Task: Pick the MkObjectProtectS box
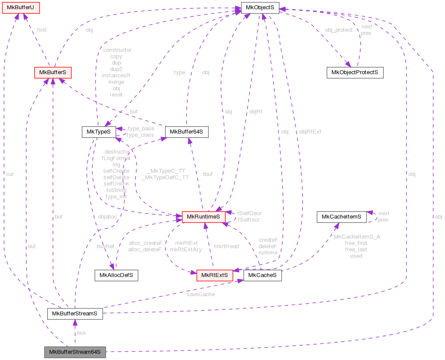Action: pyautogui.click(x=355, y=72)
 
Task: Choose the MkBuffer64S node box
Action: pyautogui.click(x=186, y=131)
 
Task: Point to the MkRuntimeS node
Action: pyautogui.click(x=203, y=217)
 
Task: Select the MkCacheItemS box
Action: pyautogui.click(x=341, y=216)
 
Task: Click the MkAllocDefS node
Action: pyautogui.click(x=116, y=275)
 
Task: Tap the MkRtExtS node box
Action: pyautogui.click(x=214, y=275)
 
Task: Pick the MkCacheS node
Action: pyautogui.click(x=262, y=275)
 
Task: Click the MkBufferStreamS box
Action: pyautogui.click(x=75, y=313)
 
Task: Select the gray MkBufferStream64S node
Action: pyautogui.click(x=75, y=352)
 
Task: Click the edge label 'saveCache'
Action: pyautogui.click(x=201, y=295)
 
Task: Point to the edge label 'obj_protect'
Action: pyautogui.click(x=338, y=30)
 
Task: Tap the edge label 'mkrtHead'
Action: pyautogui.click(x=226, y=246)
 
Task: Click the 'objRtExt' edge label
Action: pyautogui.click(x=310, y=131)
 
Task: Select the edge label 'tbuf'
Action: pyautogui.click(x=208, y=174)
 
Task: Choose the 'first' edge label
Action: pyautogui.click(x=42, y=30)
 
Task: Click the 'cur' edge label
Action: pyautogui.click(x=10, y=174)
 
